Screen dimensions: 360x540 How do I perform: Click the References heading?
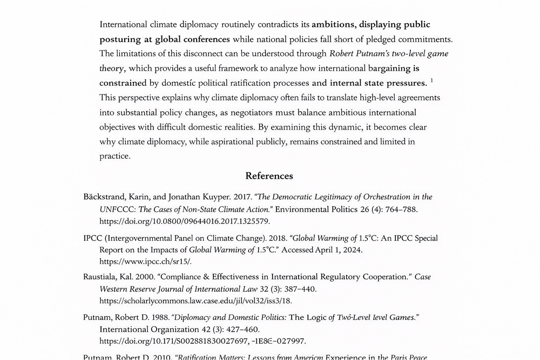tap(269, 176)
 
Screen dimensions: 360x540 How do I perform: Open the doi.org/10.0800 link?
tap(184, 221)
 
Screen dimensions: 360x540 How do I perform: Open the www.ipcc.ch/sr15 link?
tap(145, 262)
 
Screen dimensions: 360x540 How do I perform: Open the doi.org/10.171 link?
tap(202, 341)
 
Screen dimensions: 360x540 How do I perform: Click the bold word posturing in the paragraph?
tap(119, 39)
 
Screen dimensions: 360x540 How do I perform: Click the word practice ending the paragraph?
tap(114, 157)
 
